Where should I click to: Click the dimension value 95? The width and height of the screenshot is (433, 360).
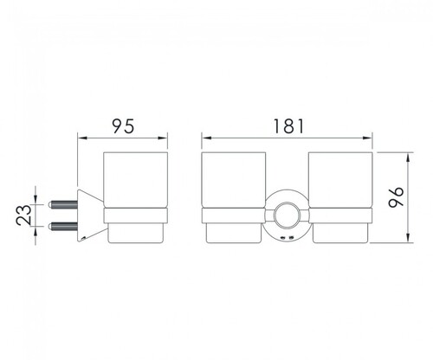(124, 126)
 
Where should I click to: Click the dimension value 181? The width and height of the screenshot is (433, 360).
(288, 126)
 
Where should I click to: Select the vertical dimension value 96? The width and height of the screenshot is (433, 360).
(396, 197)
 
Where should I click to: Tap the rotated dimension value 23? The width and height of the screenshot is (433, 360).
(23, 215)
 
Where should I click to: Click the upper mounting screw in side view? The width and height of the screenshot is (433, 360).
(64, 204)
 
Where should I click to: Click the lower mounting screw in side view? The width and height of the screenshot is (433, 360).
(64, 226)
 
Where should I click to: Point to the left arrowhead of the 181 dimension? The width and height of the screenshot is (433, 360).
(206, 138)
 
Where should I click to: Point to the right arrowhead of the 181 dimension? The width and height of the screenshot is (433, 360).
(368, 138)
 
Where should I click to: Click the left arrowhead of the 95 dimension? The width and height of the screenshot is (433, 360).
(82, 138)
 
